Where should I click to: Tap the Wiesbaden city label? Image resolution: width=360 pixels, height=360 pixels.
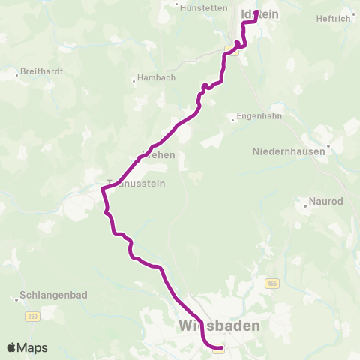click(x=220, y=325)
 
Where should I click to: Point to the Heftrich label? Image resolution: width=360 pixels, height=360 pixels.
click(x=334, y=18)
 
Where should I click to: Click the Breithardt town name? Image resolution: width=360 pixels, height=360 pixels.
click(x=42, y=71)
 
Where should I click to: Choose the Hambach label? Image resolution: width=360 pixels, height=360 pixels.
click(x=155, y=79)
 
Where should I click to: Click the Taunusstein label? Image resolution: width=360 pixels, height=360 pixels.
click(x=135, y=182)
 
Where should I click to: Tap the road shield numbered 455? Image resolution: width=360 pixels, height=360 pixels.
click(x=271, y=283)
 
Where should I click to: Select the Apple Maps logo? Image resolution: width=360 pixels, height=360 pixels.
click(x=27, y=348)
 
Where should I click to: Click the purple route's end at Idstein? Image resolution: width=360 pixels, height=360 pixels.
click(x=256, y=13)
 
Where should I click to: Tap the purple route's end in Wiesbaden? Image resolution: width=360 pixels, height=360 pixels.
click(x=218, y=347)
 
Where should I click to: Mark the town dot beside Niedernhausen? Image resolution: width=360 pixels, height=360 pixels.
click(x=328, y=147)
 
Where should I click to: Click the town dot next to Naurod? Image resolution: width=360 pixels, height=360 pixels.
click(x=304, y=202)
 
